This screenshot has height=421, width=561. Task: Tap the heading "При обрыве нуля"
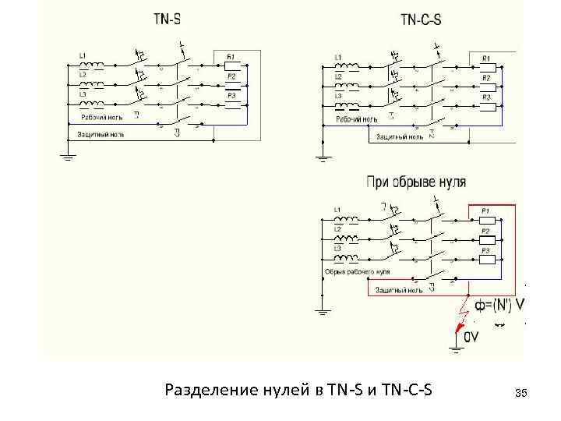point(416,182)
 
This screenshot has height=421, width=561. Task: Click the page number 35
point(521,390)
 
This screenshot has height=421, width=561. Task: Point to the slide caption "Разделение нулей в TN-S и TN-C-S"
point(301,389)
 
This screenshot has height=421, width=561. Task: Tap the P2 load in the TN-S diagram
point(231,84)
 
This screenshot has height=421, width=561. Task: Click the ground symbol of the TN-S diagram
point(68,158)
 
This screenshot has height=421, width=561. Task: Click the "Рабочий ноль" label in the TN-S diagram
point(102,118)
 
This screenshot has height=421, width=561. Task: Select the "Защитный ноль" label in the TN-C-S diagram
point(400,136)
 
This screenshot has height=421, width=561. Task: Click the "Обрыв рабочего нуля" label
point(356,272)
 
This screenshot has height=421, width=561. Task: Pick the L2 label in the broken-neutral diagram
point(337,229)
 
